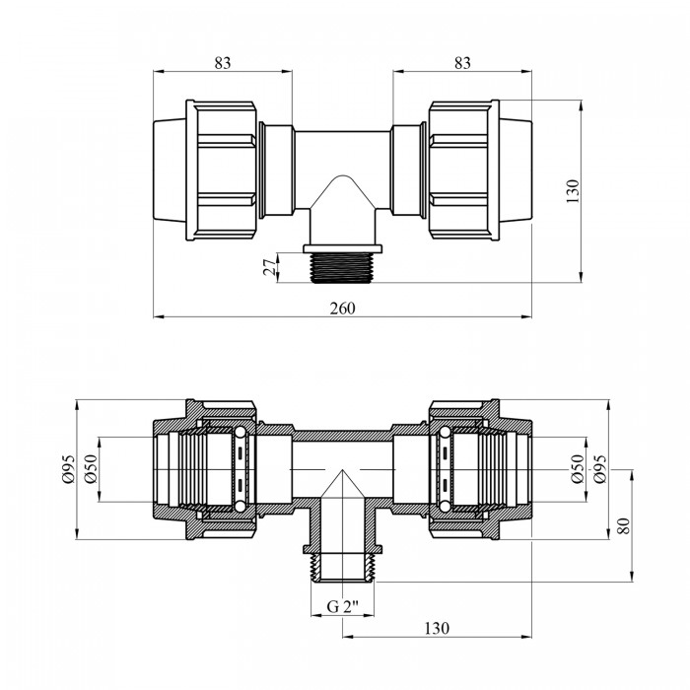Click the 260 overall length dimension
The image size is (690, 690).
tap(342, 308)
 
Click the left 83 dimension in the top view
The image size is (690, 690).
tap(223, 63)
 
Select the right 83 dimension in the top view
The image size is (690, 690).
tap(462, 63)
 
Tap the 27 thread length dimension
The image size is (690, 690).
tap(271, 267)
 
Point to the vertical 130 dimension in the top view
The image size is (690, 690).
tap(573, 190)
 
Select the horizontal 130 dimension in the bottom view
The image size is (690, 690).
tap(437, 628)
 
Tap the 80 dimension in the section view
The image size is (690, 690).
tap(623, 525)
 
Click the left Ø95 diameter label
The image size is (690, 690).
tap(69, 469)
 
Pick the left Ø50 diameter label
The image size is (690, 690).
tap(91, 469)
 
